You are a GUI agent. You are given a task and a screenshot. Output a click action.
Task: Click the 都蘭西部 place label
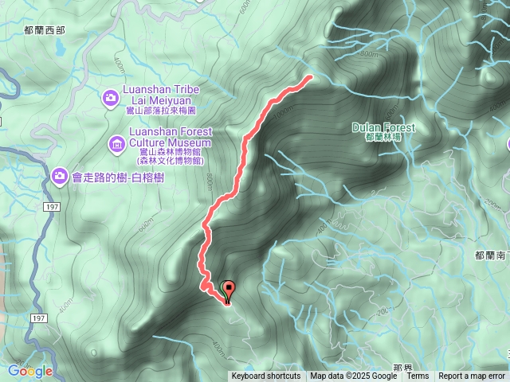click(44, 29)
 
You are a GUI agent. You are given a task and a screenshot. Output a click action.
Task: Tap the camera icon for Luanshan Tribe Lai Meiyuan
click(111, 98)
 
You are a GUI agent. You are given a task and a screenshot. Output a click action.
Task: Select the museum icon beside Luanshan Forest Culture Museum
click(116, 143)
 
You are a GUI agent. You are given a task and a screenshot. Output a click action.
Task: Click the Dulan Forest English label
click(383, 127)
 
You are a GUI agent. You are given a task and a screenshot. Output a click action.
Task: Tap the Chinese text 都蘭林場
click(383, 138)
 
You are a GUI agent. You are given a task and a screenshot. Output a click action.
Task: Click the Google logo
click(30, 371)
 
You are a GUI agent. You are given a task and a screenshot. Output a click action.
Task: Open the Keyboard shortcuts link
click(266, 376)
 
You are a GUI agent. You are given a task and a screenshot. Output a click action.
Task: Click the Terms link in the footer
click(418, 376)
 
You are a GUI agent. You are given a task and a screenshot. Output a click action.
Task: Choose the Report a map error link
click(472, 376)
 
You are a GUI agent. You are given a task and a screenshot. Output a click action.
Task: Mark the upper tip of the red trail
click(308, 77)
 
